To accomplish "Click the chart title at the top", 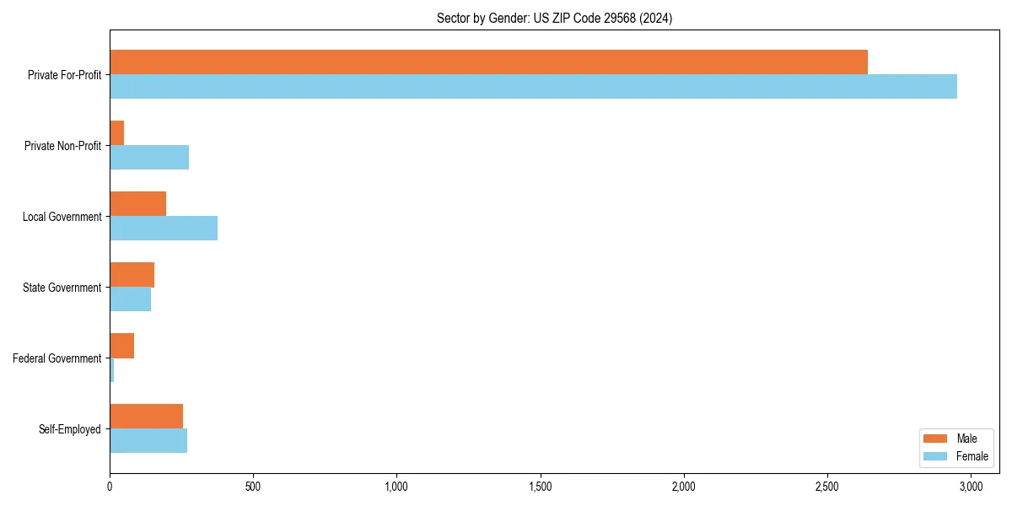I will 554,18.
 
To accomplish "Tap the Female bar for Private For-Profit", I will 533,87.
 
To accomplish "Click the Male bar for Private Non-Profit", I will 117,133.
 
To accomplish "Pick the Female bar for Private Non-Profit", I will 149,158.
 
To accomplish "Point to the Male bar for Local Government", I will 137,204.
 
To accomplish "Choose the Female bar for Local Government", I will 164,229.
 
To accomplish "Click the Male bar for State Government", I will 132,275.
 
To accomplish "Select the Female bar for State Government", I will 130,299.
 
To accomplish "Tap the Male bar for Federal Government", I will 121,346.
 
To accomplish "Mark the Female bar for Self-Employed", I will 148,441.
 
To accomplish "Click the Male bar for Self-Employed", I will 146,417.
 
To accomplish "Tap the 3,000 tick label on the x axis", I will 971,487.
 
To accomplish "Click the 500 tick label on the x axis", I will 253,487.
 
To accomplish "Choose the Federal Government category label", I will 57,358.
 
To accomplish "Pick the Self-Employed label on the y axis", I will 70,429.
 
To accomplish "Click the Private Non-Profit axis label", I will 62,146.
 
